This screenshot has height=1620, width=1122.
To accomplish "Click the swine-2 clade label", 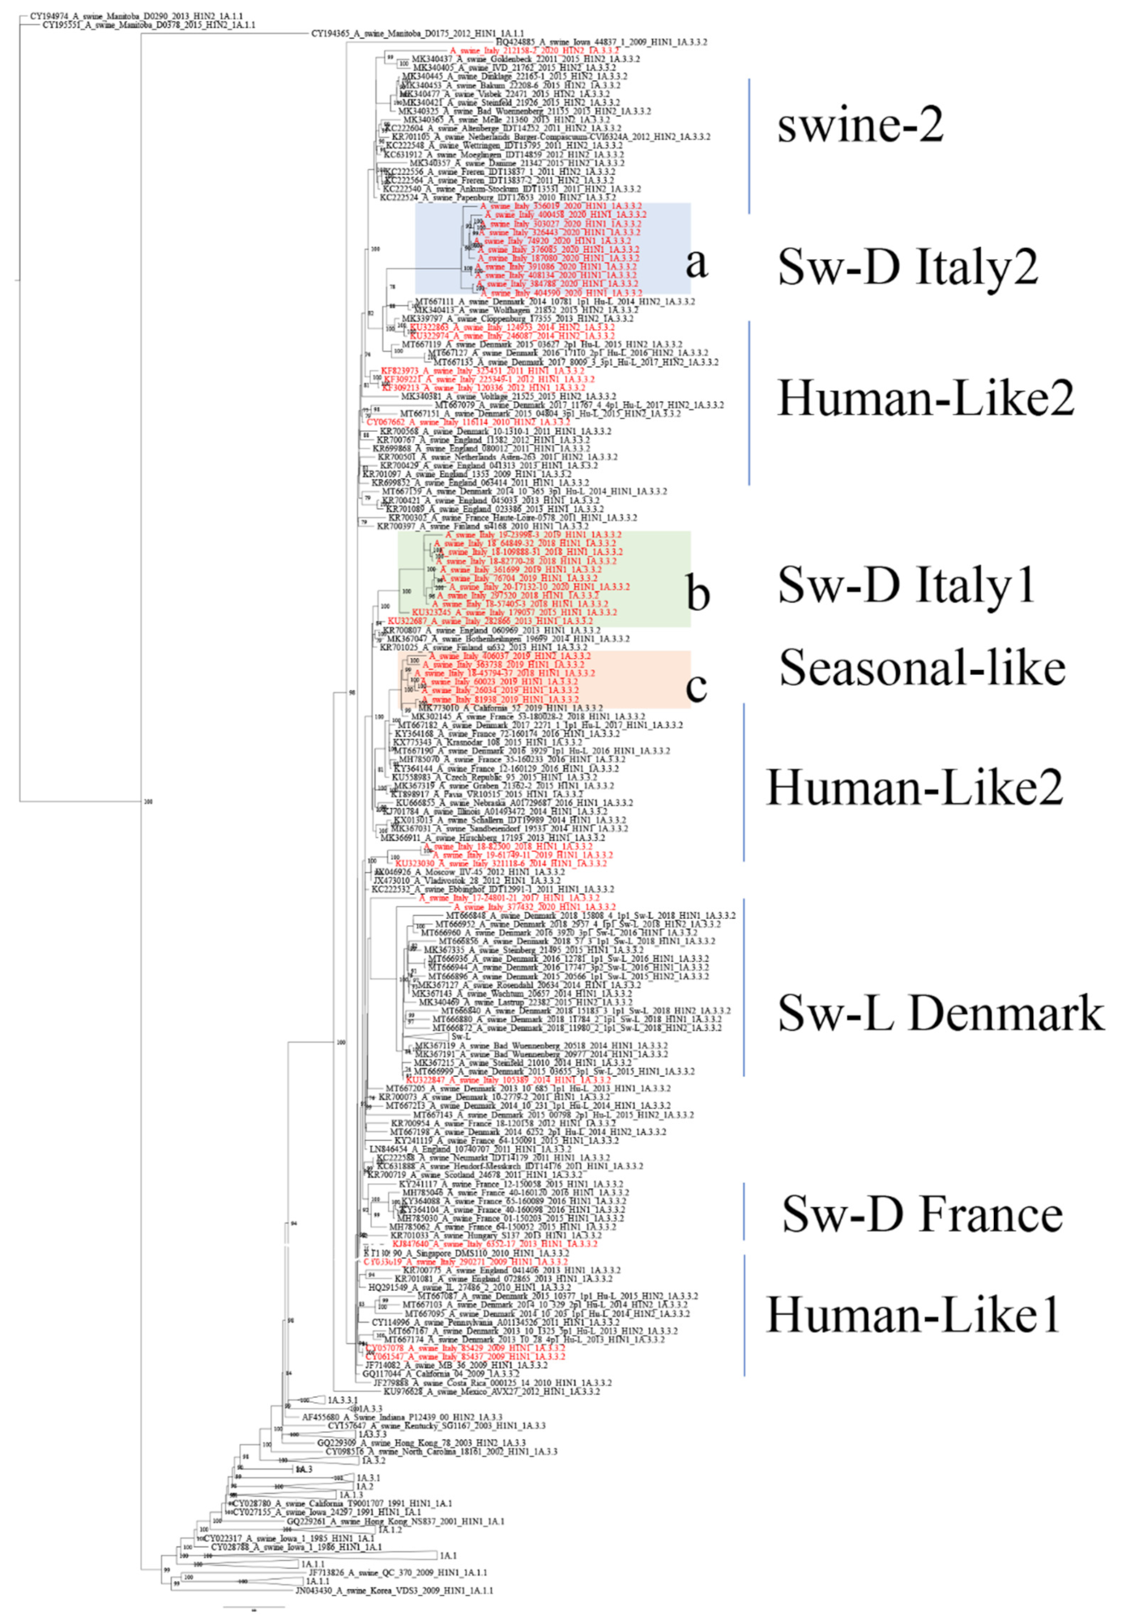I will pos(860,126).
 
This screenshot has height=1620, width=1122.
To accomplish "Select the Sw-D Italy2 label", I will pos(907,266).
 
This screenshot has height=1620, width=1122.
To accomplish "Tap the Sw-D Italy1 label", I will pos(906,584).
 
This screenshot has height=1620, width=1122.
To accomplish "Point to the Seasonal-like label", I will pos(922,668).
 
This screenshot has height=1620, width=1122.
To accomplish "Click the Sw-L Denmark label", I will pos(941,1013).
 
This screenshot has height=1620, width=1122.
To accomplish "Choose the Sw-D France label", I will pos(922,1214).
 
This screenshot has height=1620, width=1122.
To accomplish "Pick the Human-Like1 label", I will pos(913,1314).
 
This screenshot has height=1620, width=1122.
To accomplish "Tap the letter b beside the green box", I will pos(698,592).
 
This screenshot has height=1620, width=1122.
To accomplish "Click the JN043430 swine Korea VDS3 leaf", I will pos(394,1591).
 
